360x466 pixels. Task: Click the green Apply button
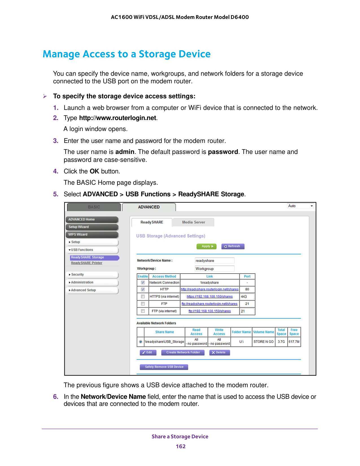(x=206, y=246)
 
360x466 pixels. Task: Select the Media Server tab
(x=193, y=222)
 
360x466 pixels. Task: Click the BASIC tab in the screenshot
(x=94, y=207)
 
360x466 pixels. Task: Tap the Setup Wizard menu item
(x=92, y=227)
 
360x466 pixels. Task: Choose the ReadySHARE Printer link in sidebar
(x=87, y=263)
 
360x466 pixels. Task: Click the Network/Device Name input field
(x=215, y=261)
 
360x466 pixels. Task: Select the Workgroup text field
(x=215, y=269)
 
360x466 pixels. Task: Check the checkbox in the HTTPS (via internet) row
(x=143, y=297)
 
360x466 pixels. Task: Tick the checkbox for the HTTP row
(x=143, y=289)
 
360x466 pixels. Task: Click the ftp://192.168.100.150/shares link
(x=210, y=311)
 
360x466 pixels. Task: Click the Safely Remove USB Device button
(x=164, y=367)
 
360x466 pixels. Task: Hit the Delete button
(x=219, y=352)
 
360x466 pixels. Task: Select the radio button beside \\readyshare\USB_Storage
(x=141, y=342)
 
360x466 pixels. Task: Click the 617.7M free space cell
(x=294, y=342)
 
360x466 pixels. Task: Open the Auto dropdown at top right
(x=301, y=206)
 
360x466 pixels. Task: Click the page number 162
(x=181, y=446)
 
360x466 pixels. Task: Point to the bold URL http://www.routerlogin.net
(x=117, y=118)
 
